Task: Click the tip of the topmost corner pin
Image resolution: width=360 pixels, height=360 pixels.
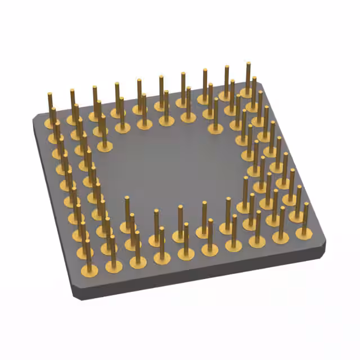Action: point(248,64)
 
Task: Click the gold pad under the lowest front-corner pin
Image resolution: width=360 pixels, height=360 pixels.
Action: point(89,271)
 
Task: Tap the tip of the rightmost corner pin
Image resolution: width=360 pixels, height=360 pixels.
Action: point(306,204)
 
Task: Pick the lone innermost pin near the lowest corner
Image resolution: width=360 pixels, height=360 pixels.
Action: point(127,214)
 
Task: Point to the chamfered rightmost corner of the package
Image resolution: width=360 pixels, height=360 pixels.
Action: point(325,245)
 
